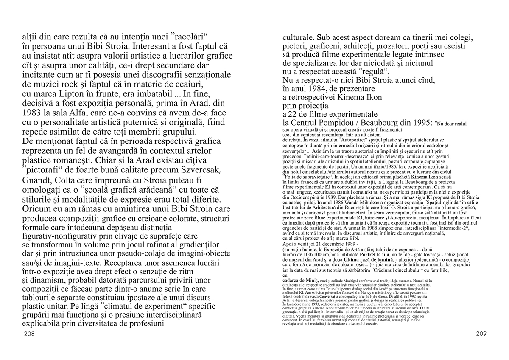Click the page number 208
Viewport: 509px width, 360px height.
tap(29, 334)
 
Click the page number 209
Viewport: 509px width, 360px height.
tap(481, 334)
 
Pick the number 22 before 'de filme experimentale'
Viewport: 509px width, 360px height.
tap(295, 114)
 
